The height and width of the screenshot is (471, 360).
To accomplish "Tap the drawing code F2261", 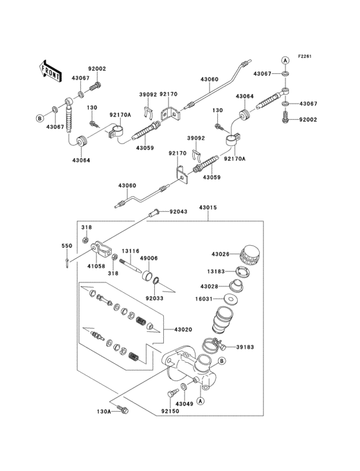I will click(x=304, y=57).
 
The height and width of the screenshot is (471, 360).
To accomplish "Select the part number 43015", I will click(x=208, y=207).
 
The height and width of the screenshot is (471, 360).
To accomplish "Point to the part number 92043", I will click(x=179, y=211).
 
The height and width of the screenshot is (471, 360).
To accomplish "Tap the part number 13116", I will click(x=131, y=251).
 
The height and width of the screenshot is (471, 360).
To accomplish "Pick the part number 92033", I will click(x=154, y=298).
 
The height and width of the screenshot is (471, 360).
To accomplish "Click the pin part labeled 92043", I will click(x=154, y=212).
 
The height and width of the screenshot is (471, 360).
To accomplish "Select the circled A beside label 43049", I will click(x=200, y=401).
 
